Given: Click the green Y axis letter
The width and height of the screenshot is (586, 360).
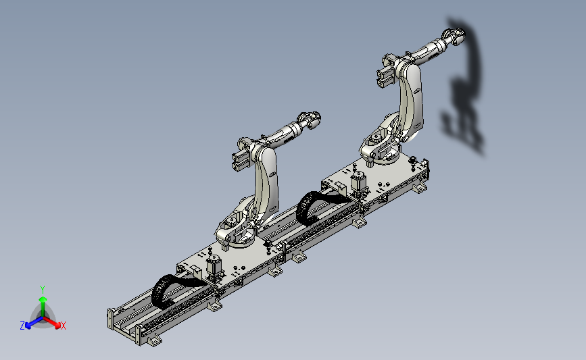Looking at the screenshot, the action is [x=43, y=290].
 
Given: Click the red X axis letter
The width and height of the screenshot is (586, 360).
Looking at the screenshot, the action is [x=63, y=326].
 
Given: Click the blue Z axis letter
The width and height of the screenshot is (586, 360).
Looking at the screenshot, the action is [x=22, y=326].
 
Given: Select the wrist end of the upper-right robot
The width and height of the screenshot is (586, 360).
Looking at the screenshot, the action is [x=455, y=36].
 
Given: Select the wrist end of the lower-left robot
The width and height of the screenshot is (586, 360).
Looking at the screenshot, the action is [x=310, y=120].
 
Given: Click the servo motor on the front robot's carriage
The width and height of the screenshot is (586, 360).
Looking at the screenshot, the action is [x=214, y=267].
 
